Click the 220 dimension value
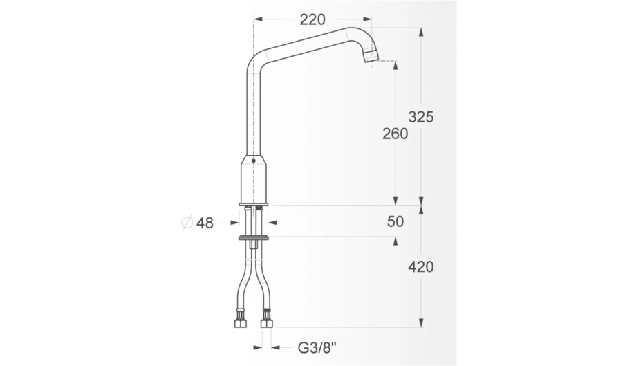tap(312, 19)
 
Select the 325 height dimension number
tap(421, 117)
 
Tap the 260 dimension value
tap(395, 134)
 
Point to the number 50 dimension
tap(395, 221)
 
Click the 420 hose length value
tap(421, 266)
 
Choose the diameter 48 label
tap(205, 223)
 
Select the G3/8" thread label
tap(317, 347)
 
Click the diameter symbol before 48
tap(187, 223)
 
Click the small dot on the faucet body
tap(254, 161)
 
